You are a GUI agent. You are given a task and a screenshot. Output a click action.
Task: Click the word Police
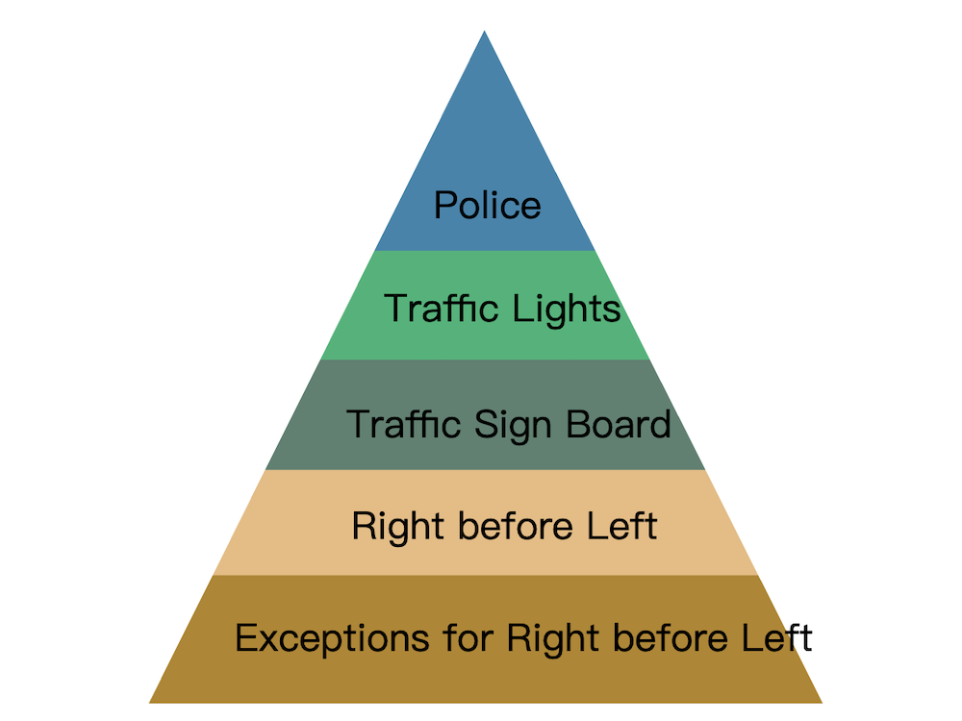(488, 205)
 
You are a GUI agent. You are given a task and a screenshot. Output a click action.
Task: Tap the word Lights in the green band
(567, 309)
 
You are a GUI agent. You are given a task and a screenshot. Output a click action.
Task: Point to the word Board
(619, 424)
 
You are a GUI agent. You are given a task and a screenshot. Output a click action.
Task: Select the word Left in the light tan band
(622, 526)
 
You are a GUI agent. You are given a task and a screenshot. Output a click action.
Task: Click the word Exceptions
(332, 639)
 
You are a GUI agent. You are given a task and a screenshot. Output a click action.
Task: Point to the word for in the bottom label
(468, 637)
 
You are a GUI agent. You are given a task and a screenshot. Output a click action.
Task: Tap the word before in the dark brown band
(671, 637)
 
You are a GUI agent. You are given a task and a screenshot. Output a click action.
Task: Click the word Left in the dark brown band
(777, 637)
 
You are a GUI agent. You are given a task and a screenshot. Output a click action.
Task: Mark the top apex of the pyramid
(485, 31)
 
